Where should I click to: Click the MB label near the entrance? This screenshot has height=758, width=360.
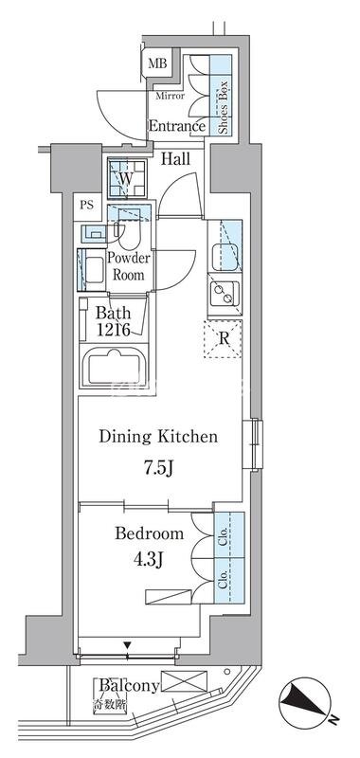157,63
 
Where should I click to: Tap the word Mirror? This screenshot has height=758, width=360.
170,97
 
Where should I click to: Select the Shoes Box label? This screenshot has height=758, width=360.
223,112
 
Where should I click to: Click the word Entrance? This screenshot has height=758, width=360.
176,127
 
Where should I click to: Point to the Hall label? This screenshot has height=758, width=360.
175,158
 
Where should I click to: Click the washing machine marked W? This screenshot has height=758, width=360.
126,178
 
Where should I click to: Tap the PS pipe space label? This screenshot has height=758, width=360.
87,204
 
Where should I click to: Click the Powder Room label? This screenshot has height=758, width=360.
128,266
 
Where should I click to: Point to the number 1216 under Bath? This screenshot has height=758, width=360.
113,330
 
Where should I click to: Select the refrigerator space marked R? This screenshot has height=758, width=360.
223,339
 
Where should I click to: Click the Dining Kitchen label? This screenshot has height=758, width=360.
158,437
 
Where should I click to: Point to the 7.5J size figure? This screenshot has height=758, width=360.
156,467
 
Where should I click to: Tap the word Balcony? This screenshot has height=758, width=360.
129,685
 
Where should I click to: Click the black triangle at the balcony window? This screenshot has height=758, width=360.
127,645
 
